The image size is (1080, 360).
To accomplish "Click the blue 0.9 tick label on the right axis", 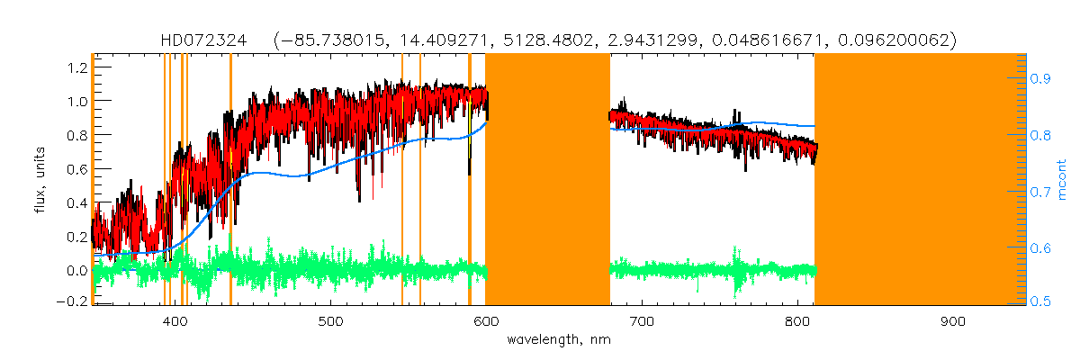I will (x=1042, y=79).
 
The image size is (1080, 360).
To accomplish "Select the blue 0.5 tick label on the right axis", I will (x=1042, y=302).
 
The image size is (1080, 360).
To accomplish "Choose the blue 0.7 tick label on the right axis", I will (x=1042, y=191).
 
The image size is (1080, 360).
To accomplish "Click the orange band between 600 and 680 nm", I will (x=547, y=180).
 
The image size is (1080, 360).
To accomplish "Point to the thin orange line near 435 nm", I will (x=230, y=180).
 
